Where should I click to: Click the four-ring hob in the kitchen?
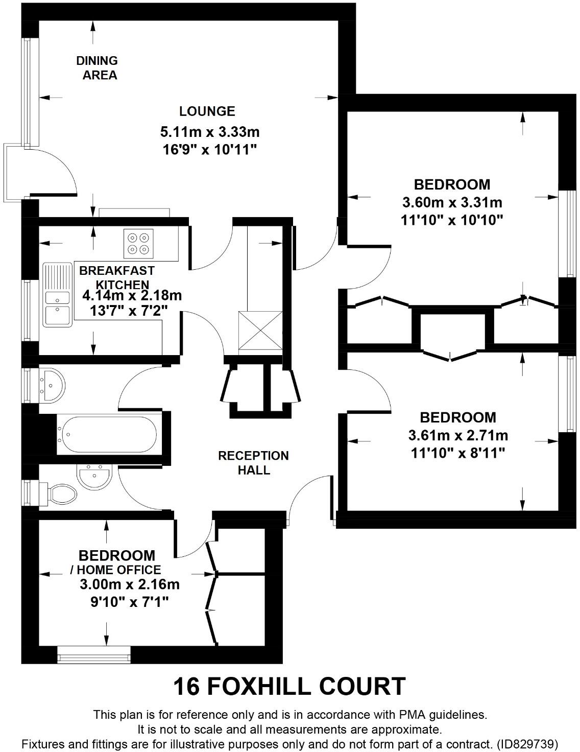click(x=139, y=243)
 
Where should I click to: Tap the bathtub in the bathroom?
click(x=107, y=435)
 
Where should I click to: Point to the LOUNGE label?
click(x=207, y=111)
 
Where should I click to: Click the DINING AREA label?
click(x=97, y=68)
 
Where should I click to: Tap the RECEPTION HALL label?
click(x=253, y=462)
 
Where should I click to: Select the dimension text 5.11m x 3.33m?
click(x=210, y=132)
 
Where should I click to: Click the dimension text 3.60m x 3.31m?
click(x=452, y=203)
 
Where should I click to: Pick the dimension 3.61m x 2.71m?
click(x=458, y=436)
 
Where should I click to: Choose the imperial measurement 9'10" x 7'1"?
click(x=130, y=602)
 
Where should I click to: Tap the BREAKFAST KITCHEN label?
click(x=117, y=277)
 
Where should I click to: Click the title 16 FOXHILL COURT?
click(x=289, y=686)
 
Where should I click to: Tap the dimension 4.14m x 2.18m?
click(x=132, y=295)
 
